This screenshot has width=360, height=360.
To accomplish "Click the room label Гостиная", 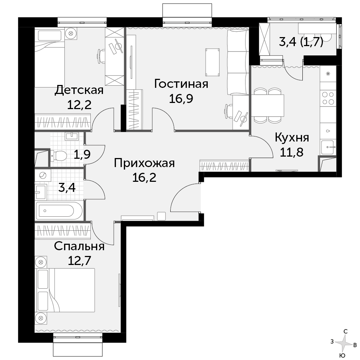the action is click(181, 84).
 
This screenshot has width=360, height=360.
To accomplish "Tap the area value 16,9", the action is click(181, 99).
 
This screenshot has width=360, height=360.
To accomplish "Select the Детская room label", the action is click(79, 90).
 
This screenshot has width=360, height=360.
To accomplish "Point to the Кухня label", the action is click(292, 138).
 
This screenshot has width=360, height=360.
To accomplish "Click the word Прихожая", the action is click(144, 163).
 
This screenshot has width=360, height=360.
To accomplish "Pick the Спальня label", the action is click(79, 247).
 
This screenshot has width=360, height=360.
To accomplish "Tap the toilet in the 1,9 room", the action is click(59, 156).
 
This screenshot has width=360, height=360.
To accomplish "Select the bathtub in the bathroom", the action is click(59, 211).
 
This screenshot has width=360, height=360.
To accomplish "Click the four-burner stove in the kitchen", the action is click(328, 98).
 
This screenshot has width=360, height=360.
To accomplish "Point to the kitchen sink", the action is click(328, 147).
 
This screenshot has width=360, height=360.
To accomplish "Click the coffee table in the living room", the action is click(212, 62).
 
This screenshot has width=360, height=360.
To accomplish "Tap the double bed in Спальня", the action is click(65, 290).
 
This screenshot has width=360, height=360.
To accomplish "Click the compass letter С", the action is click(346, 331).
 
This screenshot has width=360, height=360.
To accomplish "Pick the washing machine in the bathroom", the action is click(43, 176).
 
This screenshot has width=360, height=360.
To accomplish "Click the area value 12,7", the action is click(80, 261).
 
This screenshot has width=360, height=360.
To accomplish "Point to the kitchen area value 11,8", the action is click(292, 152).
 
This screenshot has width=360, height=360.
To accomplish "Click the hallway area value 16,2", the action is click(144, 177).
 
